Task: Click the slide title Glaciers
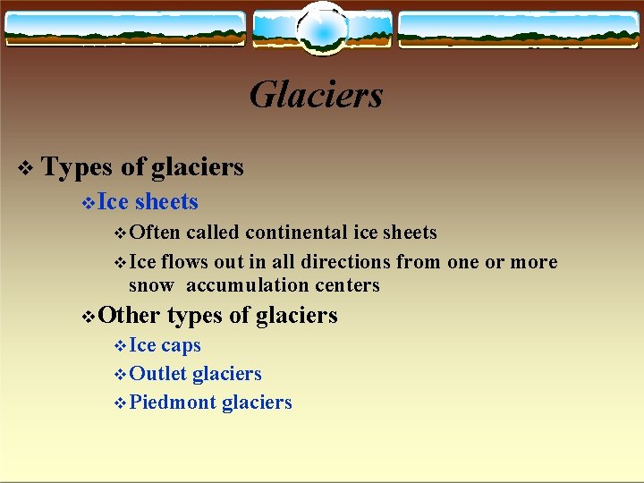(316, 95)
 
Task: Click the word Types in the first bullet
(78, 167)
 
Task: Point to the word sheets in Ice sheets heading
(166, 202)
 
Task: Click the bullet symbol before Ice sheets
(87, 203)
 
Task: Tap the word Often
(155, 233)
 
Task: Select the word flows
(184, 262)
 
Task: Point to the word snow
(152, 285)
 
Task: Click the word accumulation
(238, 285)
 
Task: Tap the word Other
(129, 315)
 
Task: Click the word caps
(181, 345)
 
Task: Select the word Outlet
(158, 374)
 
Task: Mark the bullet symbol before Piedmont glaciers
(122, 403)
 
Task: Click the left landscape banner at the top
(124, 29)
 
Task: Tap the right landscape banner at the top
(519, 29)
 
